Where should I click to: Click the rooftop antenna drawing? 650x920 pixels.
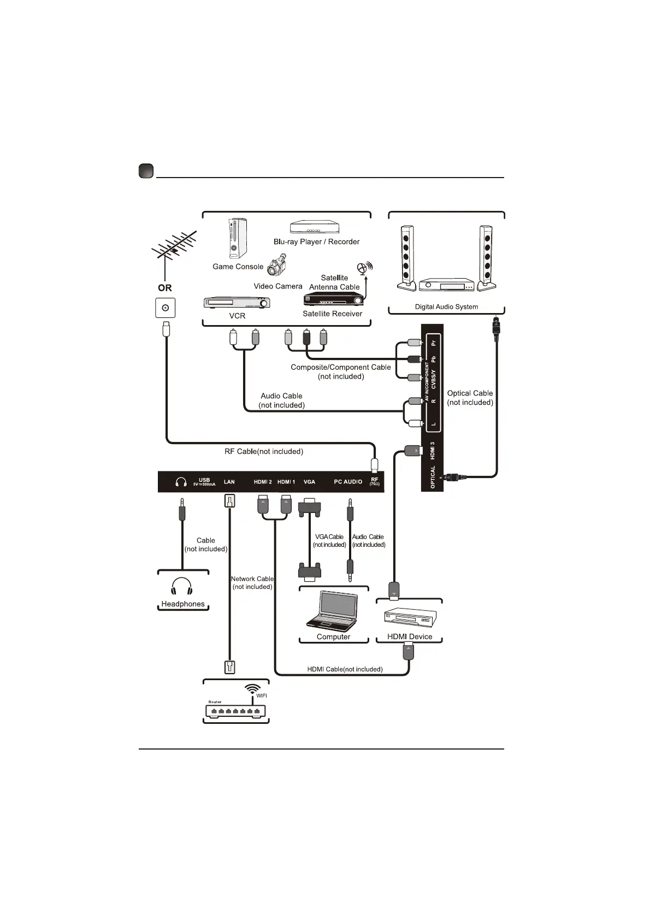click(174, 249)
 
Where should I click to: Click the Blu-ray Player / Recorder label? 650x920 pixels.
click(316, 241)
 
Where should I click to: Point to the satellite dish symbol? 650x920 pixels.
click(363, 268)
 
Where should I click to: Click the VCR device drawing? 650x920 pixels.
click(237, 302)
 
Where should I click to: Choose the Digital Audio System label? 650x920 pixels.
click(446, 307)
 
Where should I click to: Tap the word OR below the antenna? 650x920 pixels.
click(164, 288)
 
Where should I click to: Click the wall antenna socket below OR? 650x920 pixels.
click(165, 308)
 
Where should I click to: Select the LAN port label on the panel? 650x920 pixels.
click(229, 482)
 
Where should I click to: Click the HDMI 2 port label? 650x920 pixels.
click(263, 482)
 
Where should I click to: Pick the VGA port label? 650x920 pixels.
click(309, 482)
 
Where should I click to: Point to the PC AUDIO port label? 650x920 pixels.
click(348, 482)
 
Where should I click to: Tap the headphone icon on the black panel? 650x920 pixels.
click(181, 482)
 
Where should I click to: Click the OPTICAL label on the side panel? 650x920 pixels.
click(433, 476)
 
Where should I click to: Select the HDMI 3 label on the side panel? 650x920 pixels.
click(433, 451)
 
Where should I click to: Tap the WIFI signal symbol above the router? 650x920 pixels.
click(252, 689)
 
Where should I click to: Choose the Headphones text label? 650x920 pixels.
click(183, 604)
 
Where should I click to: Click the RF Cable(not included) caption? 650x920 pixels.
click(264, 452)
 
